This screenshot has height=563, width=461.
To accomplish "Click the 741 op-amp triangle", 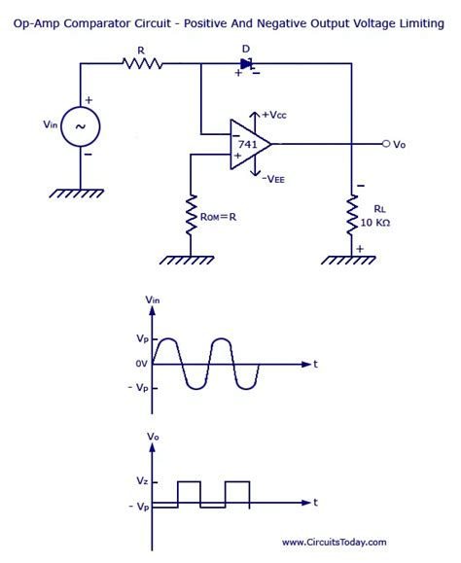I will (247, 143).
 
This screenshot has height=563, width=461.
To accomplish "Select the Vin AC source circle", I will (80, 126).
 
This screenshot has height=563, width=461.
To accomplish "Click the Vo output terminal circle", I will (386, 144).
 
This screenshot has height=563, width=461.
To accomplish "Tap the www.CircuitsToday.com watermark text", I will (334, 543).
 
